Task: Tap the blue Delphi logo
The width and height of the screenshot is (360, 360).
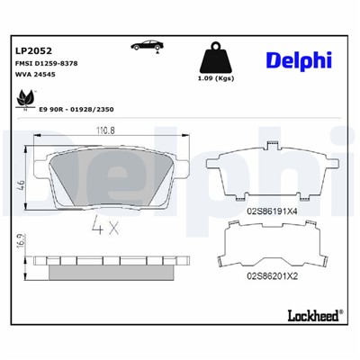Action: [299, 59]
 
